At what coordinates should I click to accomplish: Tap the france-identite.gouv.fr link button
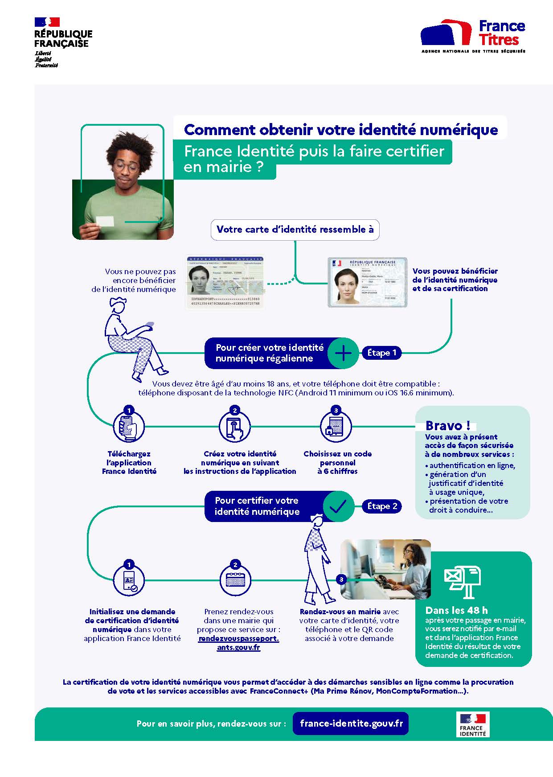(351, 723)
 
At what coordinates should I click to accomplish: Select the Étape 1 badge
(381, 353)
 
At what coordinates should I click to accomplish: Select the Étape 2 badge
(382, 506)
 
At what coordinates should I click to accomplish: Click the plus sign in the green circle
(343, 353)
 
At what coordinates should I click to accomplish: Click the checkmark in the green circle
(338, 506)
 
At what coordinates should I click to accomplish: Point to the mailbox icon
(463, 581)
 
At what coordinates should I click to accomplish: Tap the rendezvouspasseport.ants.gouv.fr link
(239, 643)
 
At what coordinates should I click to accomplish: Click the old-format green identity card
(225, 282)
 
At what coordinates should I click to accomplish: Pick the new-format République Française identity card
(367, 282)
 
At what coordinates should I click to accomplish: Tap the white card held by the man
(105, 221)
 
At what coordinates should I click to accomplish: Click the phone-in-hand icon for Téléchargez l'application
(129, 427)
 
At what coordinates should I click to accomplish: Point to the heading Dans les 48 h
(456, 610)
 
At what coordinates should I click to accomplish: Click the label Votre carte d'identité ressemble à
(295, 230)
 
